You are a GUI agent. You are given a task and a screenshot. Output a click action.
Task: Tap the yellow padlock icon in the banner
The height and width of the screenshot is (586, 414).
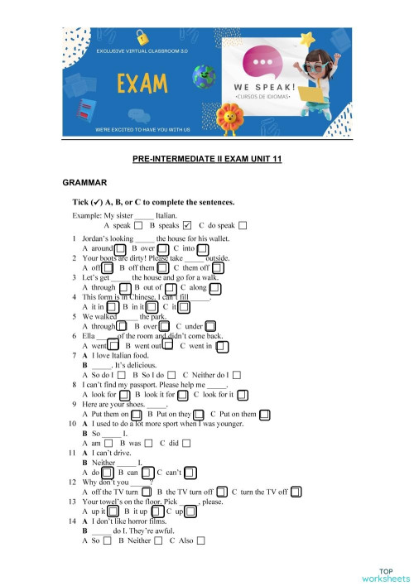[142, 37]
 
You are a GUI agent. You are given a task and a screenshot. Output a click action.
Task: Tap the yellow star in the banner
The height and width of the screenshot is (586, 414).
[308, 39]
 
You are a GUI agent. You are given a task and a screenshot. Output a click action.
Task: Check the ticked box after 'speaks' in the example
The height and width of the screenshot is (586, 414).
[187, 224]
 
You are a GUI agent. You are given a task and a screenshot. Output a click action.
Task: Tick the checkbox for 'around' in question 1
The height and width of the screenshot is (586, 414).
[120, 247]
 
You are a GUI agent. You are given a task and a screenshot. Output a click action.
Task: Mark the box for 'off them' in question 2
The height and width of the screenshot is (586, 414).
[162, 267]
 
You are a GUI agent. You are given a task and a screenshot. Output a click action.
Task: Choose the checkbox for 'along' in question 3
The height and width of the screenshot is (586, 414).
[215, 287]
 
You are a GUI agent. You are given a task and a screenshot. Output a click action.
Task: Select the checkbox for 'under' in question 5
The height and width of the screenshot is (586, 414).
[211, 327]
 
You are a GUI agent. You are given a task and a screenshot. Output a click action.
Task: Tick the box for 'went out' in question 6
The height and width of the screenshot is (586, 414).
[168, 346]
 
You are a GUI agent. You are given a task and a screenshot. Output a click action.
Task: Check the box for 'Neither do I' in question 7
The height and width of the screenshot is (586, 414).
[238, 375]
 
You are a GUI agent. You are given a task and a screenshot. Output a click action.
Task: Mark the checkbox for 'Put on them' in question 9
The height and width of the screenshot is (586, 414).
[264, 414]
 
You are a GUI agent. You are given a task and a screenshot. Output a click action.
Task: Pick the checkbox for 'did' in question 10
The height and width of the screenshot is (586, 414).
[186, 444]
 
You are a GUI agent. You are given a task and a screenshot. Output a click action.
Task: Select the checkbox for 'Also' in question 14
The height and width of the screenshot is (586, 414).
[200, 540]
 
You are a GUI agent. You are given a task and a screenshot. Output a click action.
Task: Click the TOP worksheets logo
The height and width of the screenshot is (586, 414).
[386, 574]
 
